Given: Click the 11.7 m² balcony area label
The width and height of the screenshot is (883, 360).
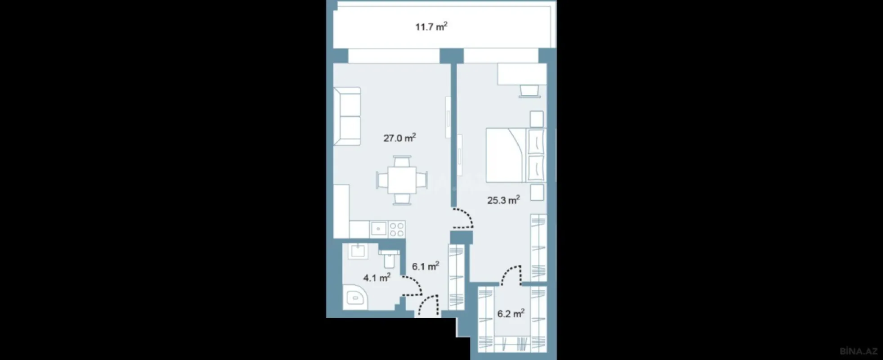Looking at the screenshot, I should [431, 27].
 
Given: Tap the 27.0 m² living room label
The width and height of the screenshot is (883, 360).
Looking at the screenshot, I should [399, 138].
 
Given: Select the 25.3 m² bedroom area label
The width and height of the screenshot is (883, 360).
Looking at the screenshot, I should [503, 200].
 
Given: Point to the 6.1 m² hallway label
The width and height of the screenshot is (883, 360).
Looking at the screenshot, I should [425, 267].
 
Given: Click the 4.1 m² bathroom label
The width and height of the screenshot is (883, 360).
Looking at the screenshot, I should [377, 278].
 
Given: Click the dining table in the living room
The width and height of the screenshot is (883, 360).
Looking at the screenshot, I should [402, 180].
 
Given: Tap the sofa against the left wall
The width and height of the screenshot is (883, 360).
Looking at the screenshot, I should [347, 116].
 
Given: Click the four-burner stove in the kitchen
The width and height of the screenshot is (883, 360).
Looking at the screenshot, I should [396, 229].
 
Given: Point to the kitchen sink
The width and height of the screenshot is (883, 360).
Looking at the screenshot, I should [379, 229].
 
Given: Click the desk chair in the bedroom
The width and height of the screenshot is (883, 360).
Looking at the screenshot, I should [529, 91].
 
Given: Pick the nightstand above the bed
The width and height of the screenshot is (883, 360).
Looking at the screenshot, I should [536, 119].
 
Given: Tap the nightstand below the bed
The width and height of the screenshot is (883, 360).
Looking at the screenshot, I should [536, 192].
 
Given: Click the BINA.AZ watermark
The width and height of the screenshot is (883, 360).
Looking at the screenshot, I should [858, 351].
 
